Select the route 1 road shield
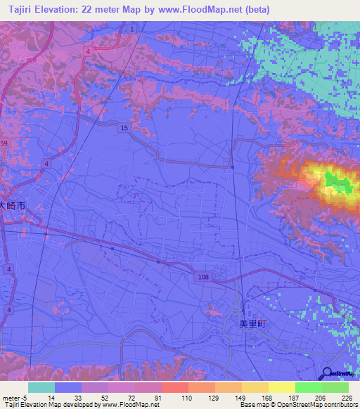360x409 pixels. (x=131, y=28)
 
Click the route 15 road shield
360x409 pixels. (x=124, y=127)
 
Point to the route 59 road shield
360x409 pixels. (x=4, y=143)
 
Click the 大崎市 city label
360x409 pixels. (x=12, y=207)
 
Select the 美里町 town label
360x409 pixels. (x=250, y=323)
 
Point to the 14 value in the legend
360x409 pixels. (x=51, y=398)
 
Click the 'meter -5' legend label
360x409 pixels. (x=13, y=398)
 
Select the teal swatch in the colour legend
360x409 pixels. (x=41, y=387)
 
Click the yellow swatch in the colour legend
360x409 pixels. (x=281, y=387)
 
